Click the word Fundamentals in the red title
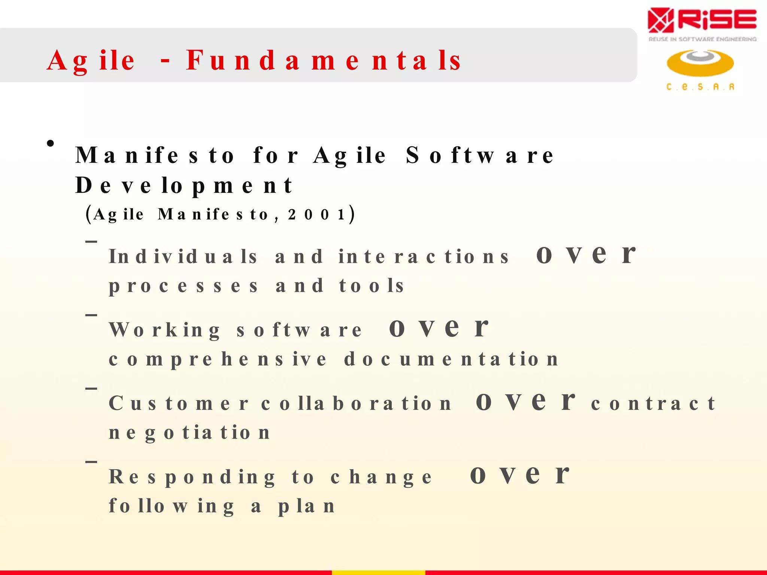tap(324, 61)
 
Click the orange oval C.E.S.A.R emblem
tap(700, 63)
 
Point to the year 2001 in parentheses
tap(316, 215)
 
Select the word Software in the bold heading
tap(480, 155)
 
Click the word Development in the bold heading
tap(184, 185)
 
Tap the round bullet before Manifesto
tap(51, 143)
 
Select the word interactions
tap(424, 257)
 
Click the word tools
tap(372, 286)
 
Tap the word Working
tap(165, 330)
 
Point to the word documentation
tap(451, 359)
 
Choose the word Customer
tap(178, 404)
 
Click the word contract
tap(653, 404)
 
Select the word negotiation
tap(190, 433)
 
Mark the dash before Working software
tap(91, 315)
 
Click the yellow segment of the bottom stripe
tap(378, 572)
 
